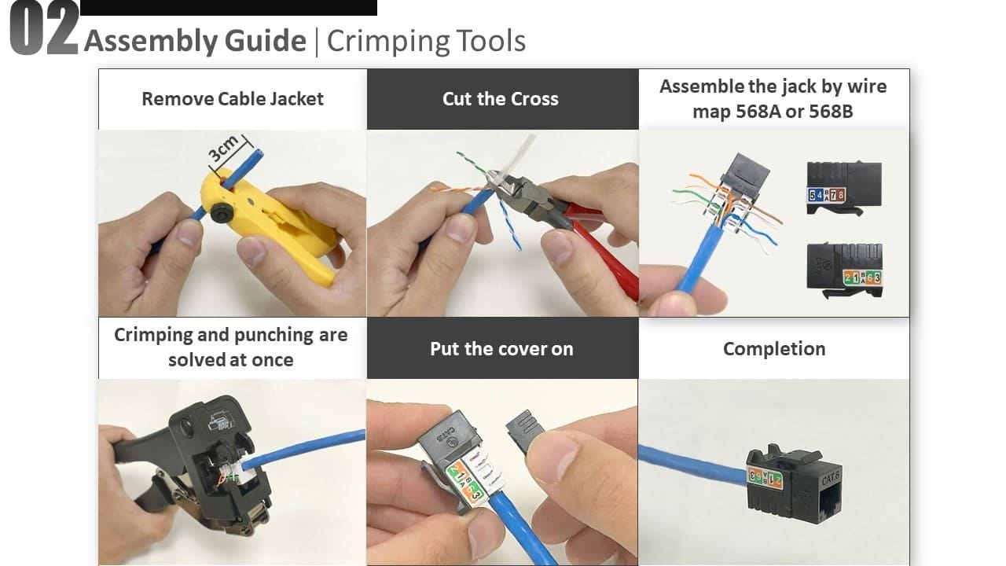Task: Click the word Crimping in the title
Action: click(387, 42)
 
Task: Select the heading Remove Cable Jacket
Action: click(233, 99)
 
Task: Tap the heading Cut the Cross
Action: click(501, 99)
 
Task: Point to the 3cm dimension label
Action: click(223, 148)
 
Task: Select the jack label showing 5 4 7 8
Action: click(826, 195)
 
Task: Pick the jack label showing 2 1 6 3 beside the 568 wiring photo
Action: click(862, 277)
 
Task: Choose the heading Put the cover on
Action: click(501, 349)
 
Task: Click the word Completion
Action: click(774, 349)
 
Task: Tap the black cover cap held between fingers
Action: click(524, 430)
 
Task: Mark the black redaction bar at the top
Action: click(229, 8)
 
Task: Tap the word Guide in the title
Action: click(266, 41)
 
